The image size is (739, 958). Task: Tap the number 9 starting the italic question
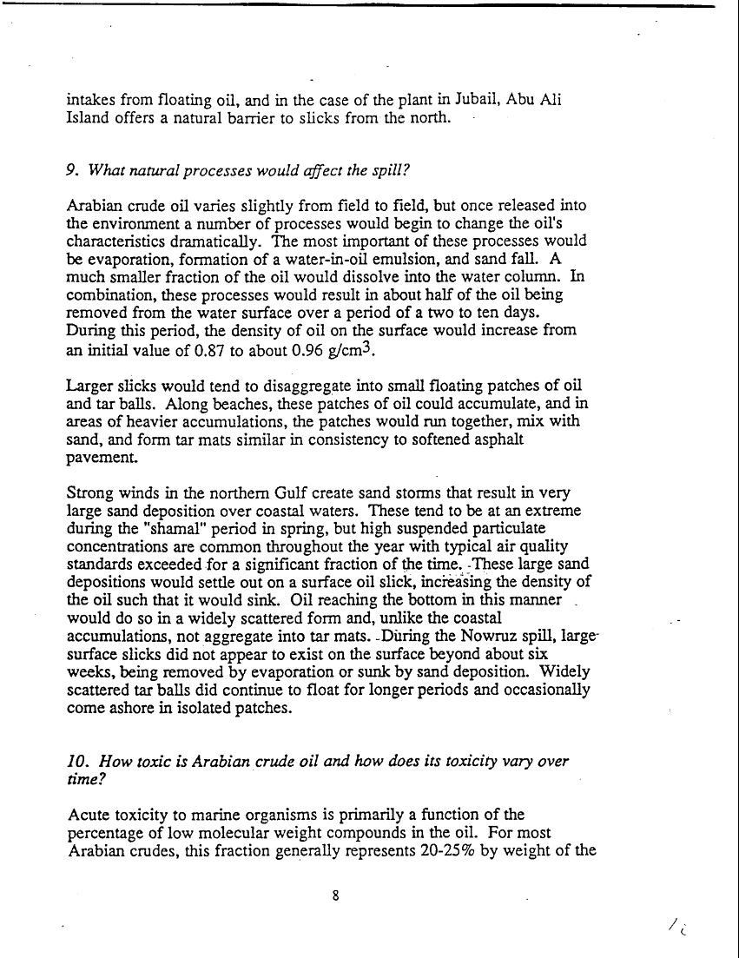click(71, 171)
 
